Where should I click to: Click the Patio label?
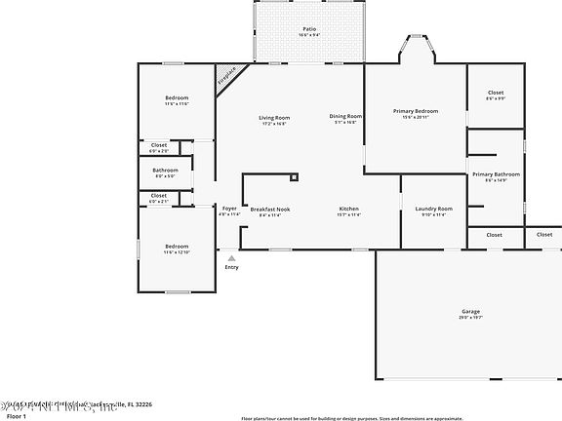[x=308, y=29]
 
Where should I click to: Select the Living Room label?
[x=274, y=117]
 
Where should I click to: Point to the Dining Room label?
[x=345, y=116]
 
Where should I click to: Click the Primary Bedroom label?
[x=416, y=111]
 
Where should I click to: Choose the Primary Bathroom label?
[x=496, y=173]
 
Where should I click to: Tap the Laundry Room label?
[x=432, y=209]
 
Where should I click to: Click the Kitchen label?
[x=349, y=209]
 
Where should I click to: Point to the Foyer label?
[x=229, y=209]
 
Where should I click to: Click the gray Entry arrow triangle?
[x=231, y=257]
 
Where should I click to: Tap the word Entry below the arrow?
[x=231, y=267]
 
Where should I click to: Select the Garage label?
[x=470, y=311]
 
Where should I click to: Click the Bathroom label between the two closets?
[x=165, y=171]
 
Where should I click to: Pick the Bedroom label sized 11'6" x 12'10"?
[x=177, y=246]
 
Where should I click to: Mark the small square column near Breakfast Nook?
[x=293, y=177]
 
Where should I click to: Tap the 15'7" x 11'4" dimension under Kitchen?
[x=349, y=214]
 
